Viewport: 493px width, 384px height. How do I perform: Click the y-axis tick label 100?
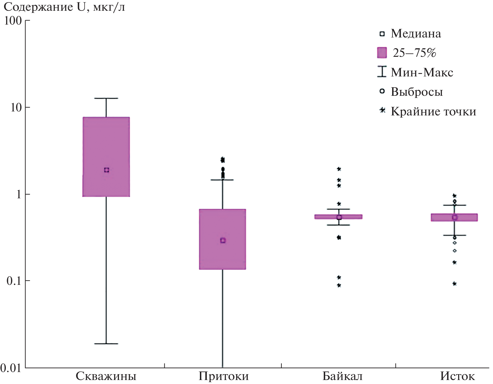pos(13,21)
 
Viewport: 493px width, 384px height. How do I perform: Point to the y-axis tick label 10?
pos(16,107)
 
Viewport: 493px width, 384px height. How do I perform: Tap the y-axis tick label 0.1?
pos(14,281)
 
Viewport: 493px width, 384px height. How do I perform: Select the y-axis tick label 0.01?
pos(11,368)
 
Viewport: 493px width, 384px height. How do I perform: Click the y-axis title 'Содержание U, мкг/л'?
pos(64,7)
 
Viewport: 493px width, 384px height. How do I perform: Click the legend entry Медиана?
pos(416,34)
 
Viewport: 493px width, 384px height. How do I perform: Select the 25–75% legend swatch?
pos(382,53)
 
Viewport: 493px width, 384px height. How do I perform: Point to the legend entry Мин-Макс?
pos(422,72)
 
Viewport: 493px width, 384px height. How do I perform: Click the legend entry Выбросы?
pos(417,92)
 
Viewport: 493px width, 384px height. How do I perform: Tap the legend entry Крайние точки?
pos(433,111)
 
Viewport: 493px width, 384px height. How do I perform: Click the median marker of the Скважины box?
pos(107,170)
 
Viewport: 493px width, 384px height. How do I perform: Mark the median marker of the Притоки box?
pos(223,240)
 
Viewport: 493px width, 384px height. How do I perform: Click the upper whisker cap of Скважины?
pos(106,98)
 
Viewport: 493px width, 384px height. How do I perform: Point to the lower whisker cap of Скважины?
pos(106,344)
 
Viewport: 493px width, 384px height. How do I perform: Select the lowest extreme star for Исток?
pos(455,284)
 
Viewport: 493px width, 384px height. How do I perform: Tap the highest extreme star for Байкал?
pos(339,169)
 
